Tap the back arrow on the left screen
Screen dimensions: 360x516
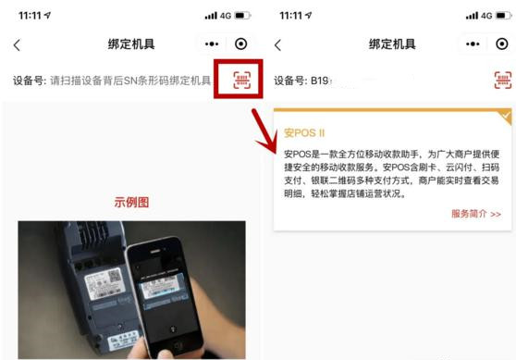pos(17,44)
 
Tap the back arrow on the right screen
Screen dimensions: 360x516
pos(276,44)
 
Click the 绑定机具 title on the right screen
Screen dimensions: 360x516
pos(392,44)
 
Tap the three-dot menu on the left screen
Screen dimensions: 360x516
pos(212,44)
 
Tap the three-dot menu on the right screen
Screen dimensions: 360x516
pos(472,44)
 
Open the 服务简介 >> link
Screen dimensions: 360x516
pos(475,214)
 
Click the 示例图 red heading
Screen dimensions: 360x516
pos(131,203)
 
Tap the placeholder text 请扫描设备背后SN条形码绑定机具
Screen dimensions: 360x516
pos(129,81)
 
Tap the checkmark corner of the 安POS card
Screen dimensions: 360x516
pos(505,116)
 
